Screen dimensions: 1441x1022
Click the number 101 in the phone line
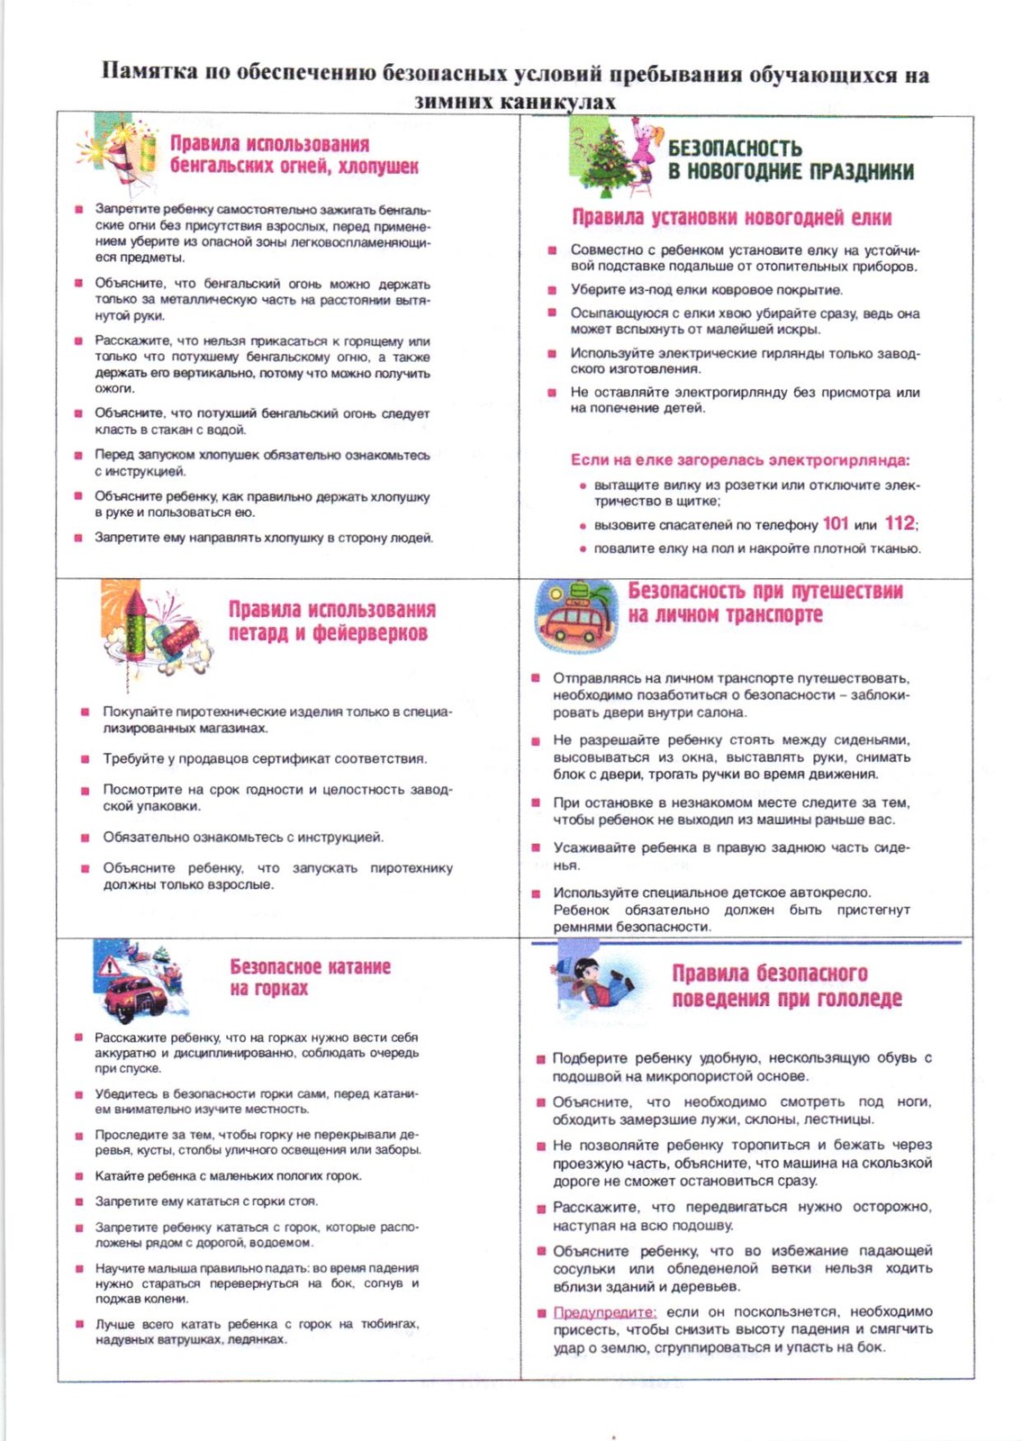click(836, 523)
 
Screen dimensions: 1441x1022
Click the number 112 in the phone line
click(899, 523)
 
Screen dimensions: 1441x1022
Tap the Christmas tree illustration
click(606, 159)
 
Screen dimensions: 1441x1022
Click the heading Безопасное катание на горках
click(310, 977)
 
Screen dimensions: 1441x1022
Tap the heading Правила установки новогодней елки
click(731, 217)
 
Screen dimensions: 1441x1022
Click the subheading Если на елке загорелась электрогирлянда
click(739, 460)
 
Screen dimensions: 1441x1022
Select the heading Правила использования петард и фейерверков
click(330, 621)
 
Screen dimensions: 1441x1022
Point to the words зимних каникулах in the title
click(514, 101)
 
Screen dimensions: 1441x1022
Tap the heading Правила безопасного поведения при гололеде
click(786, 985)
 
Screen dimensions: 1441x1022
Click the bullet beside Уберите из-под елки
click(552, 290)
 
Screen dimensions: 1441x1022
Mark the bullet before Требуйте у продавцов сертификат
click(85, 759)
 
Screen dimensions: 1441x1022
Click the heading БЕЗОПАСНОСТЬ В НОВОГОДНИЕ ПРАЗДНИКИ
click(790, 159)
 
